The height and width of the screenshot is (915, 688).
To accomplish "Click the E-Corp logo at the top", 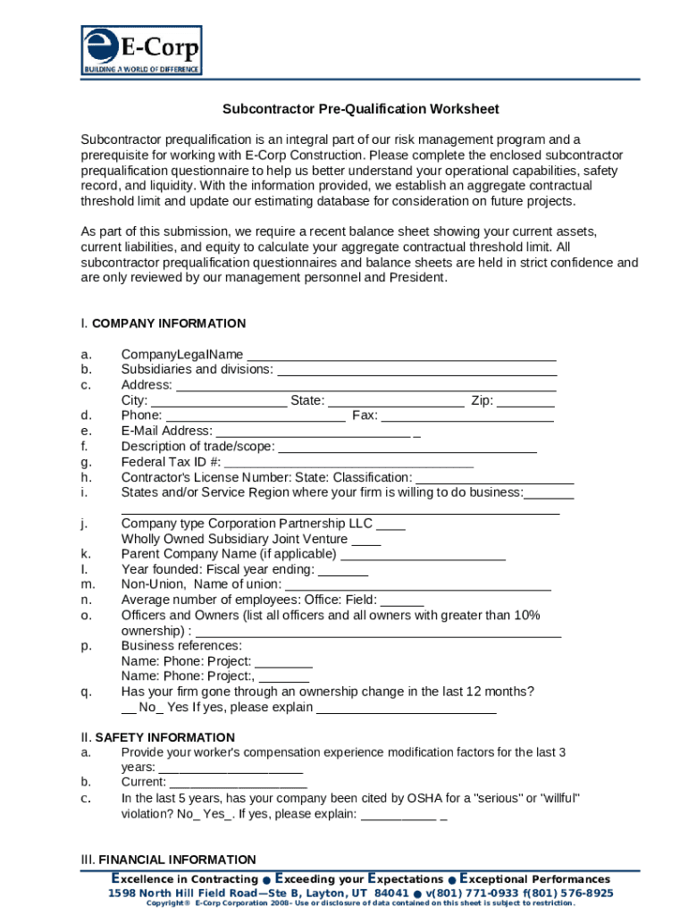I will pyautogui.click(x=141, y=50).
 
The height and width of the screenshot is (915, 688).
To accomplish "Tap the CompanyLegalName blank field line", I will pyautogui.click(x=401, y=355).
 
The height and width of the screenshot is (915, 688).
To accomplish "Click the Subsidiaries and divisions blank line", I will pyautogui.click(x=417, y=370).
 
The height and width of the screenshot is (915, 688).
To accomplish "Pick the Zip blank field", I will pyautogui.click(x=525, y=401).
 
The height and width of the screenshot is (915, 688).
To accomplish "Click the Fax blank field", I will pyautogui.click(x=467, y=416).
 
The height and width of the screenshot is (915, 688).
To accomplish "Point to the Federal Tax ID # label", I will pyautogui.click(x=171, y=462).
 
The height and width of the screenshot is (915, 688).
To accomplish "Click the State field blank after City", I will pyautogui.click(x=396, y=401).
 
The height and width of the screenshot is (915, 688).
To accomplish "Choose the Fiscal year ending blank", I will pyautogui.click(x=343, y=570).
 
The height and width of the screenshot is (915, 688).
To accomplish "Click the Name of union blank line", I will pyautogui.click(x=417, y=585).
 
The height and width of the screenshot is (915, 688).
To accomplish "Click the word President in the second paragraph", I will pyautogui.click(x=411, y=277).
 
